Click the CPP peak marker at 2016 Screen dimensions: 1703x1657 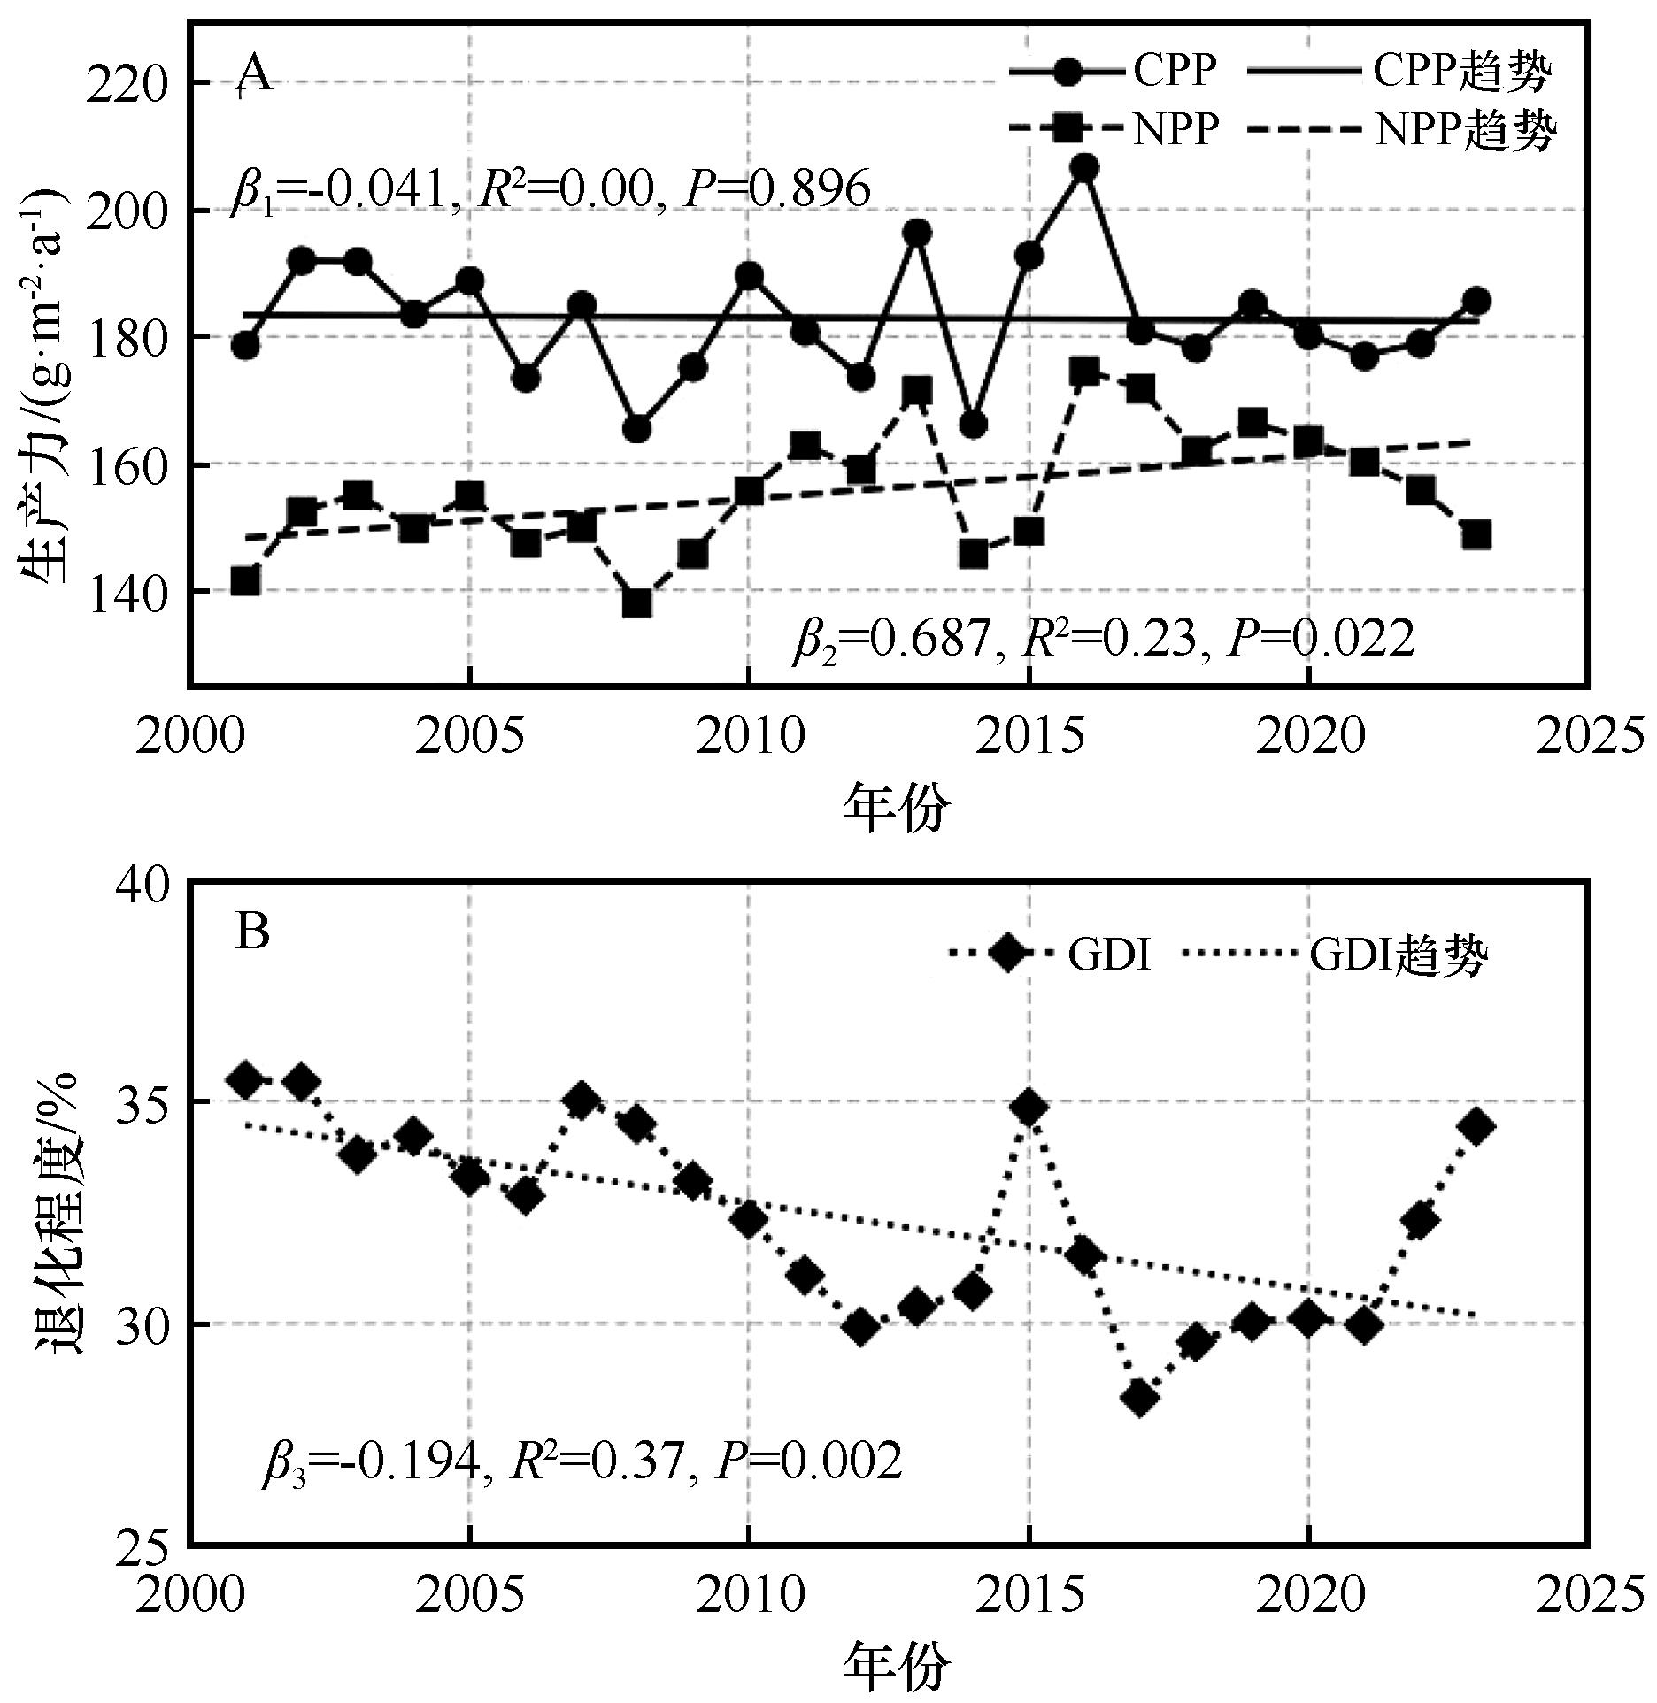tap(1084, 167)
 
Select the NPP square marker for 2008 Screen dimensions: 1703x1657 tap(637, 603)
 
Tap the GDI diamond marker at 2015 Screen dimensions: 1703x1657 tap(1029, 1108)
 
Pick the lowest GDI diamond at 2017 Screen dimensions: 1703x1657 tap(1140, 1398)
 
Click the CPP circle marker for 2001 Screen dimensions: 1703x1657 tap(245, 345)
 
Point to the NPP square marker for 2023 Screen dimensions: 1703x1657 tap(1476, 535)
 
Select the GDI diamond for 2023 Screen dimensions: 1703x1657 tap(1476, 1126)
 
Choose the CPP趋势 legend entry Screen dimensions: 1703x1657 tap(1399, 72)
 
